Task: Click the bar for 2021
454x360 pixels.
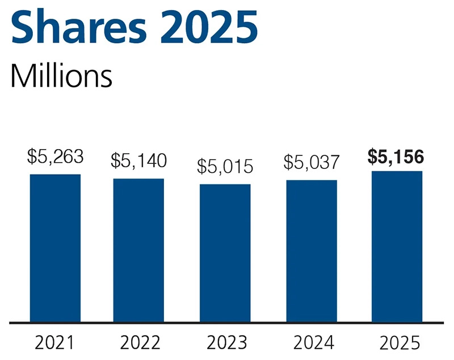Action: click(x=55, y=248)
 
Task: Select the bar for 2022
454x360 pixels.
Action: click(x=138, y=250)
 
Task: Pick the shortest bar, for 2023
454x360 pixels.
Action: click(x=225, y=253)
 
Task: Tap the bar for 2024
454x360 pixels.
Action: click(x=312, y=251)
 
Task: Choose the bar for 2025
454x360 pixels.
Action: click(x=397, y=246)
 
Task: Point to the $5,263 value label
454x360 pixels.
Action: click(x=55, y=156)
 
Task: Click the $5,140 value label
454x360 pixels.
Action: click(x=138, y=161)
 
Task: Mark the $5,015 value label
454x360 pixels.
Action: click(x=225, y=167)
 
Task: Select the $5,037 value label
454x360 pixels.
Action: click(x=312, y=162)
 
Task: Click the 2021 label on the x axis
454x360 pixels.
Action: click(x=54, y=343)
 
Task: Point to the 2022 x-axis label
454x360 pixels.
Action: click(x=140, y=343)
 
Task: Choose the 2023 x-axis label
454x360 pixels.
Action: click(x=226, y=343)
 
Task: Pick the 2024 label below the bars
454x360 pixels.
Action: click(x=313, y=343)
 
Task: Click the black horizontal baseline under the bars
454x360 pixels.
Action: click(x=227, y=323)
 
